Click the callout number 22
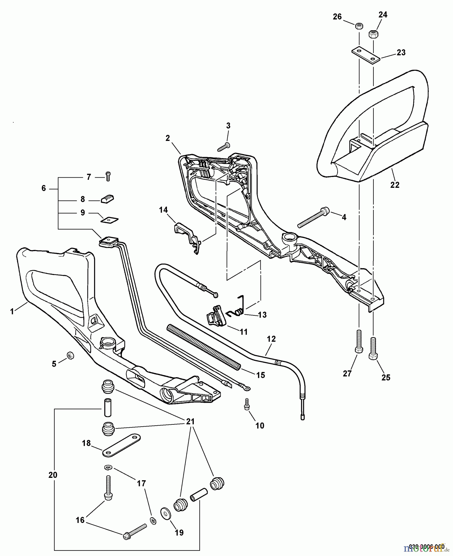394,185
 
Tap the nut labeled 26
359,26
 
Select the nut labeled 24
374,34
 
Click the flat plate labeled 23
366,55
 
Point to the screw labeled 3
223,147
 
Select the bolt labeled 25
373,348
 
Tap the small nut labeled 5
70,356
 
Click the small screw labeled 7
108,176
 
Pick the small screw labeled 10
246,404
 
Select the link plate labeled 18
121,445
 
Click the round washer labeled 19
166,514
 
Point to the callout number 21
190,421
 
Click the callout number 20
53,474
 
